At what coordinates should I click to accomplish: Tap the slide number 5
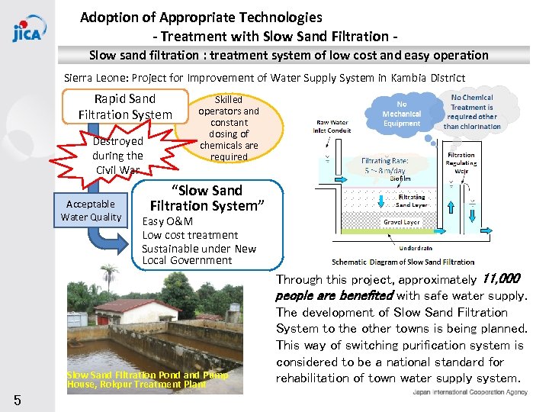[x=16, y=400]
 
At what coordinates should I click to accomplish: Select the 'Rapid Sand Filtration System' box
[x=125, y=107]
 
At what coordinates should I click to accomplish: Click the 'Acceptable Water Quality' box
[x=91, y=211]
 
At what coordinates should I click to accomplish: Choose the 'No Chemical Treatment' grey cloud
[x=472, y=112]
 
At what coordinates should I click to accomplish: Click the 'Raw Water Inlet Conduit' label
[x=332, y=125]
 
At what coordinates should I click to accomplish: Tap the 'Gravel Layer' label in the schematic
[x=401, y=222]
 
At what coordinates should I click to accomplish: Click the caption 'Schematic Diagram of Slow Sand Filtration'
[x=403, y=262]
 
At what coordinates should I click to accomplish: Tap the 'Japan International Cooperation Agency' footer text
[x=470, y=391]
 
